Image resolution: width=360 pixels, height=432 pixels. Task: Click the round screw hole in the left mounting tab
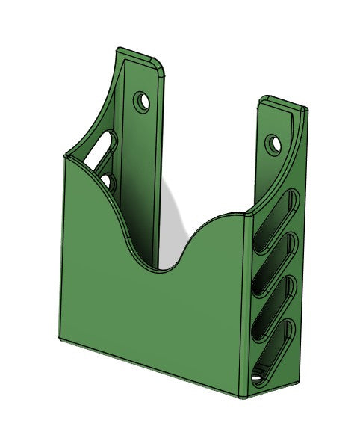click(142, 100)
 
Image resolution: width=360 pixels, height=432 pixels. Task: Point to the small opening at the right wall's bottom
click(258, 377)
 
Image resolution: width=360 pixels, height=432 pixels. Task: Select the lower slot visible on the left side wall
click(106, 181)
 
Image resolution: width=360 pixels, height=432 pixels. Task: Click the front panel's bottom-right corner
click(240, 394)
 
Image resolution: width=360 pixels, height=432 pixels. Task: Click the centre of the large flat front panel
click(149, 314)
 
